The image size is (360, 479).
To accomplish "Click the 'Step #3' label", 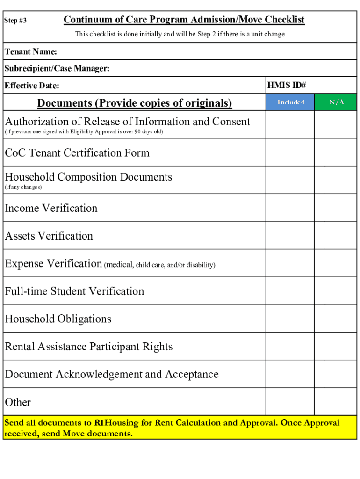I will (15, 21).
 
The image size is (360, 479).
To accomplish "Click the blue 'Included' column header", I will (291, 102).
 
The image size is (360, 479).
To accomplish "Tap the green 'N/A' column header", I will (336, 102).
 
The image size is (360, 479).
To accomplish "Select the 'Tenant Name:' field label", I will (31, 51).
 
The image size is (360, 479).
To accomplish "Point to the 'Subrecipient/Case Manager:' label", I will (57, 69).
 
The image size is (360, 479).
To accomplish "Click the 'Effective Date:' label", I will (32, 86).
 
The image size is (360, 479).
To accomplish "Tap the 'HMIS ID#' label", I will (286, 85).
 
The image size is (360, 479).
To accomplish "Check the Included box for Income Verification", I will (290, 208).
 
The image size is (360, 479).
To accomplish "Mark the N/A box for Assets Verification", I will (335, 235).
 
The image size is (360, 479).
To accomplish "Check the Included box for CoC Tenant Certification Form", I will (290, 152).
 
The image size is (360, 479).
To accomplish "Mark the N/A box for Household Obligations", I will (335, 319).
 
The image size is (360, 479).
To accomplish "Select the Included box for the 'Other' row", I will (290, 402).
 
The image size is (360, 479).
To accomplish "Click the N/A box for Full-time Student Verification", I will (335, 291).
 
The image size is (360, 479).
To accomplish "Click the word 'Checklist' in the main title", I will (284, 20).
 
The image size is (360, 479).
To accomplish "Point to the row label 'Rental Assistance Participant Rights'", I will (89, 347).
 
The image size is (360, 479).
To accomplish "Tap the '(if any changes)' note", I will (23, 187).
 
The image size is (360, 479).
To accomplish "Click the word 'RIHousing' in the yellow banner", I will (116, 423).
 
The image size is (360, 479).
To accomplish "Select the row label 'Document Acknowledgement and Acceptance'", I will (112, 374).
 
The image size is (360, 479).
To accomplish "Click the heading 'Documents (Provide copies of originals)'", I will (135, 103).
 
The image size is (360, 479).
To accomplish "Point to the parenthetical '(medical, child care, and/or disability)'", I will (159, 265).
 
